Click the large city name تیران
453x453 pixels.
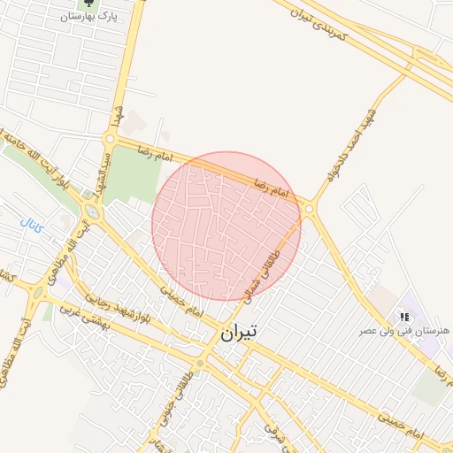coord(238,334)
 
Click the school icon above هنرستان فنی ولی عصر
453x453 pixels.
coord(403,316)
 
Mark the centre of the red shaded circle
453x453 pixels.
coord(226,226)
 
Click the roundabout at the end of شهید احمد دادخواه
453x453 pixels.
coord(309,209)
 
